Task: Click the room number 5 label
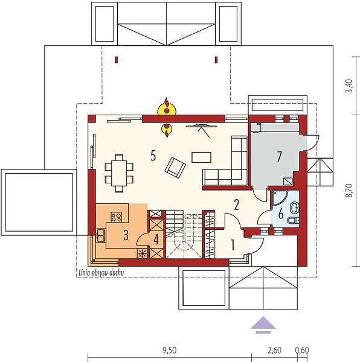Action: coord(153,155)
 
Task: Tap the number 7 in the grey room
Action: coord(279,156)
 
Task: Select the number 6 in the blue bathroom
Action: coord(281,214)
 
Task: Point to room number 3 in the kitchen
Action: coord(126,235)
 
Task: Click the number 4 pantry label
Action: coord(156,240)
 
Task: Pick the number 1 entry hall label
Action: coord(233,245)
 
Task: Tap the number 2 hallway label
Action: coord(236,205)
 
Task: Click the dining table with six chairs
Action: coord(119,173)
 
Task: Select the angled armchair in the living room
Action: coord(175,168)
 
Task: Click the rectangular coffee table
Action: coord(201,157)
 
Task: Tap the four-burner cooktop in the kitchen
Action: coord(116,217)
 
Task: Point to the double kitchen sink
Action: coord(101,235)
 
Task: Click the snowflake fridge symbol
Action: coord(143,254)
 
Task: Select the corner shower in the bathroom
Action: coord(280,198)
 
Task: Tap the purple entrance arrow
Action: coord(263,325)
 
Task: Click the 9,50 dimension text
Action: coord(169,351)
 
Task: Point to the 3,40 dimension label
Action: coord(349,86)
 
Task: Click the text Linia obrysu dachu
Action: coord(101,273)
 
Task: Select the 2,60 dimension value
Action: coord(274,351)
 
